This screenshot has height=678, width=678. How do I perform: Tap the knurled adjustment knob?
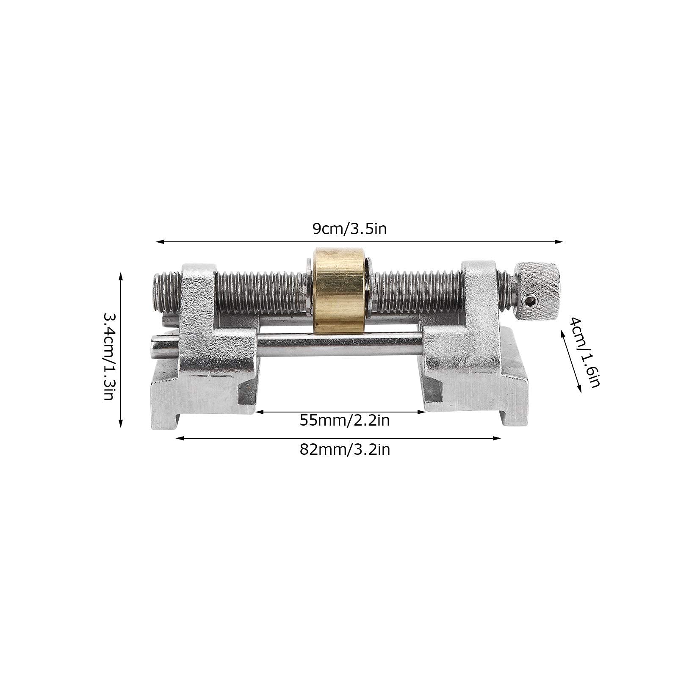[x=538, y=292]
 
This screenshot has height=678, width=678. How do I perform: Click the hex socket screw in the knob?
[x=531, y=302]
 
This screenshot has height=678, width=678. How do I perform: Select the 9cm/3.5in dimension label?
[x=349, y=229]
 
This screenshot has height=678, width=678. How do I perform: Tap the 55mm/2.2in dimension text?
[x=345, y=421]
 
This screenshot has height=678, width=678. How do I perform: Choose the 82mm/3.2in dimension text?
[x=345, y=449]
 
